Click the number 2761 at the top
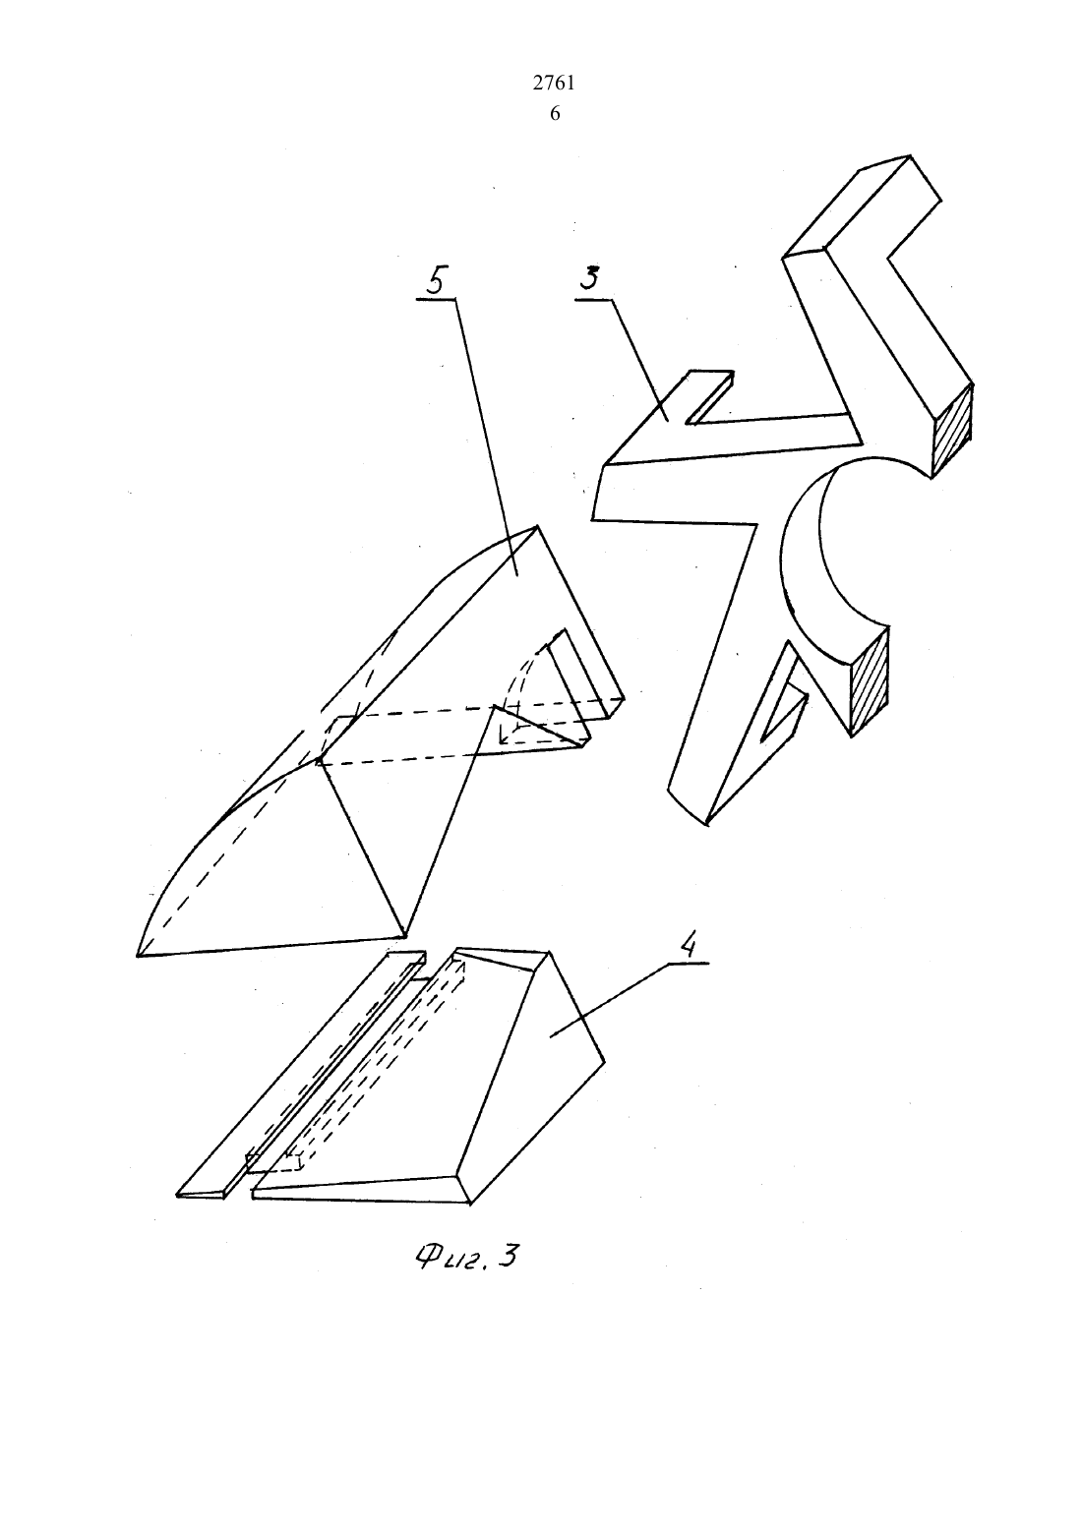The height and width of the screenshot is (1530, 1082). pos(553,84)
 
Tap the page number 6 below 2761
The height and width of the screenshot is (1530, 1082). pos(555,114)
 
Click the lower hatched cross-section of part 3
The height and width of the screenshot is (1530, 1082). pos(869,679)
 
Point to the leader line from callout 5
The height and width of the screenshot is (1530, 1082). pos(487,435)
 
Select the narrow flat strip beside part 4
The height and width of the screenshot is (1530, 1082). pos(301,1073)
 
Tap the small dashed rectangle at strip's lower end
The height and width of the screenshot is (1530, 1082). pos(274,1162)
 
